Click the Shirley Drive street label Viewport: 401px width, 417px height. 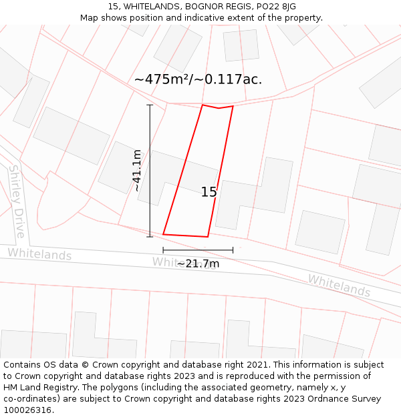pyautogui.click(x=17, y=201)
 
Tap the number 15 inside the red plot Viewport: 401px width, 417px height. pyautogui.click(x=209, y=192)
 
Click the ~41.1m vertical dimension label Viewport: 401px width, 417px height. pyautogui.click(x=137, y=171)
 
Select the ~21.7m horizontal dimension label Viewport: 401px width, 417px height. pyautogui.click(x=198, y=264)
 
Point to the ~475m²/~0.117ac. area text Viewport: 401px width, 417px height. pyautogui.click(x=198, y=79)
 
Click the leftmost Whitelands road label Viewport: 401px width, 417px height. pyautogui.click(x=39, y=254)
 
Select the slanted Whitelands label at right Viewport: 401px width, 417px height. pyautogui.click(x=339, y=286)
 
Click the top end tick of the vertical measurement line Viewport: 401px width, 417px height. pyautogui.click(x=150, y=105)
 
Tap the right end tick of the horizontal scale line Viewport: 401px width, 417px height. pyautogui.click(x=233, y=250)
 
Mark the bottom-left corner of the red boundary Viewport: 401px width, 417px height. pyautogui.click(x=164, y=234)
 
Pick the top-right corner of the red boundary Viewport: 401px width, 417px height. pyautogui.click(x=233, y=106)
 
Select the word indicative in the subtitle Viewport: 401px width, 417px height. pyautogui.click(x=205, y=18)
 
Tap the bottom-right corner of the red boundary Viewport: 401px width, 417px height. pyautogui.click(x=208, y=237)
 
